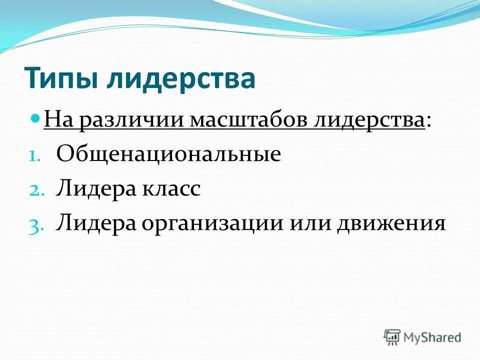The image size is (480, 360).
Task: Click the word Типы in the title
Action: pos(60,79)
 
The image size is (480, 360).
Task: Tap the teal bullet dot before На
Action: pos(35,119)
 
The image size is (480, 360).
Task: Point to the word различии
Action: pos(129,121)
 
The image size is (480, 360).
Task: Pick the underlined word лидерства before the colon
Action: pos(369,121)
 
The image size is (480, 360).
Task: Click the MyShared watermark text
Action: pos(432,337)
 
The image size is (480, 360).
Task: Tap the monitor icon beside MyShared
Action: pos(392,337)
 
